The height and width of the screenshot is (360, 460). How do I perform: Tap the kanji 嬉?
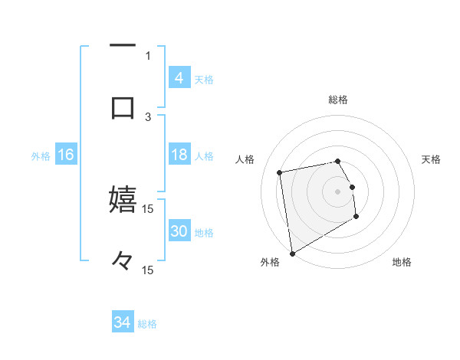123,200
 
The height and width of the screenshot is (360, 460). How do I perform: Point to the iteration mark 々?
123,261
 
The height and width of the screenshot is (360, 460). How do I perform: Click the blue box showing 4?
179,78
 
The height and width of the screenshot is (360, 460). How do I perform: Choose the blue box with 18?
179,155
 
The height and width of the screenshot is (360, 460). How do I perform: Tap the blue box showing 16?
66,155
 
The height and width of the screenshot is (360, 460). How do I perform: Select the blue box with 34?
123,323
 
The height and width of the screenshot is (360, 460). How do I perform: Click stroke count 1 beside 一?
148,55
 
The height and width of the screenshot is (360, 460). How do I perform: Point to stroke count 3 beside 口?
148,116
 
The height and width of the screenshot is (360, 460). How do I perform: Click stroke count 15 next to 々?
148,270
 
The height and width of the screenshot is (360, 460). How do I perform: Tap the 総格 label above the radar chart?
338,100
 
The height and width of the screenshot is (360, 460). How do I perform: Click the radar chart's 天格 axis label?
432,159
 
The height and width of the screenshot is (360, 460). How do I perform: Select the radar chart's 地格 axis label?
402,263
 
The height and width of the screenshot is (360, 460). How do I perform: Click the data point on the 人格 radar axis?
280,172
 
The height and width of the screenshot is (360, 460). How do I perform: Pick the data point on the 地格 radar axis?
356,217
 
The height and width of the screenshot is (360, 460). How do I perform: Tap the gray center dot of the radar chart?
338,191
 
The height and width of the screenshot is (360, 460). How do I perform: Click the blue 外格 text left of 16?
41,156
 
